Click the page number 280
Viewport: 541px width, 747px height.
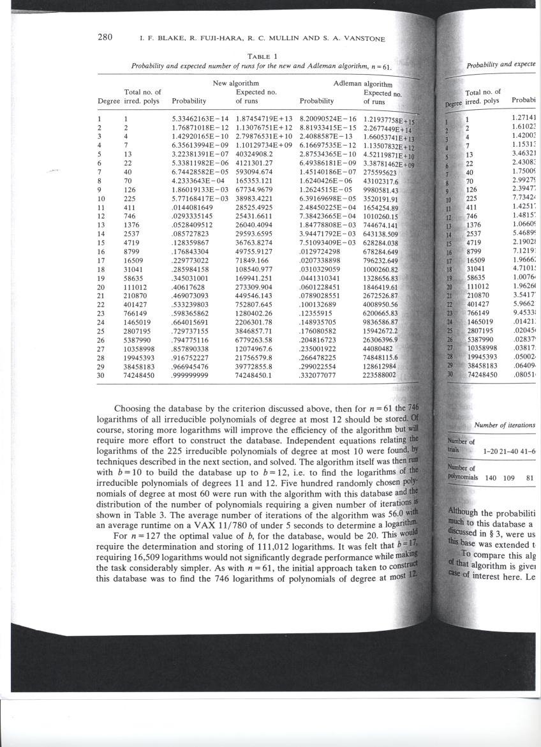coord(105,37)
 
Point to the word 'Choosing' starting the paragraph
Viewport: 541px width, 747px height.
coord(131,409)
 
